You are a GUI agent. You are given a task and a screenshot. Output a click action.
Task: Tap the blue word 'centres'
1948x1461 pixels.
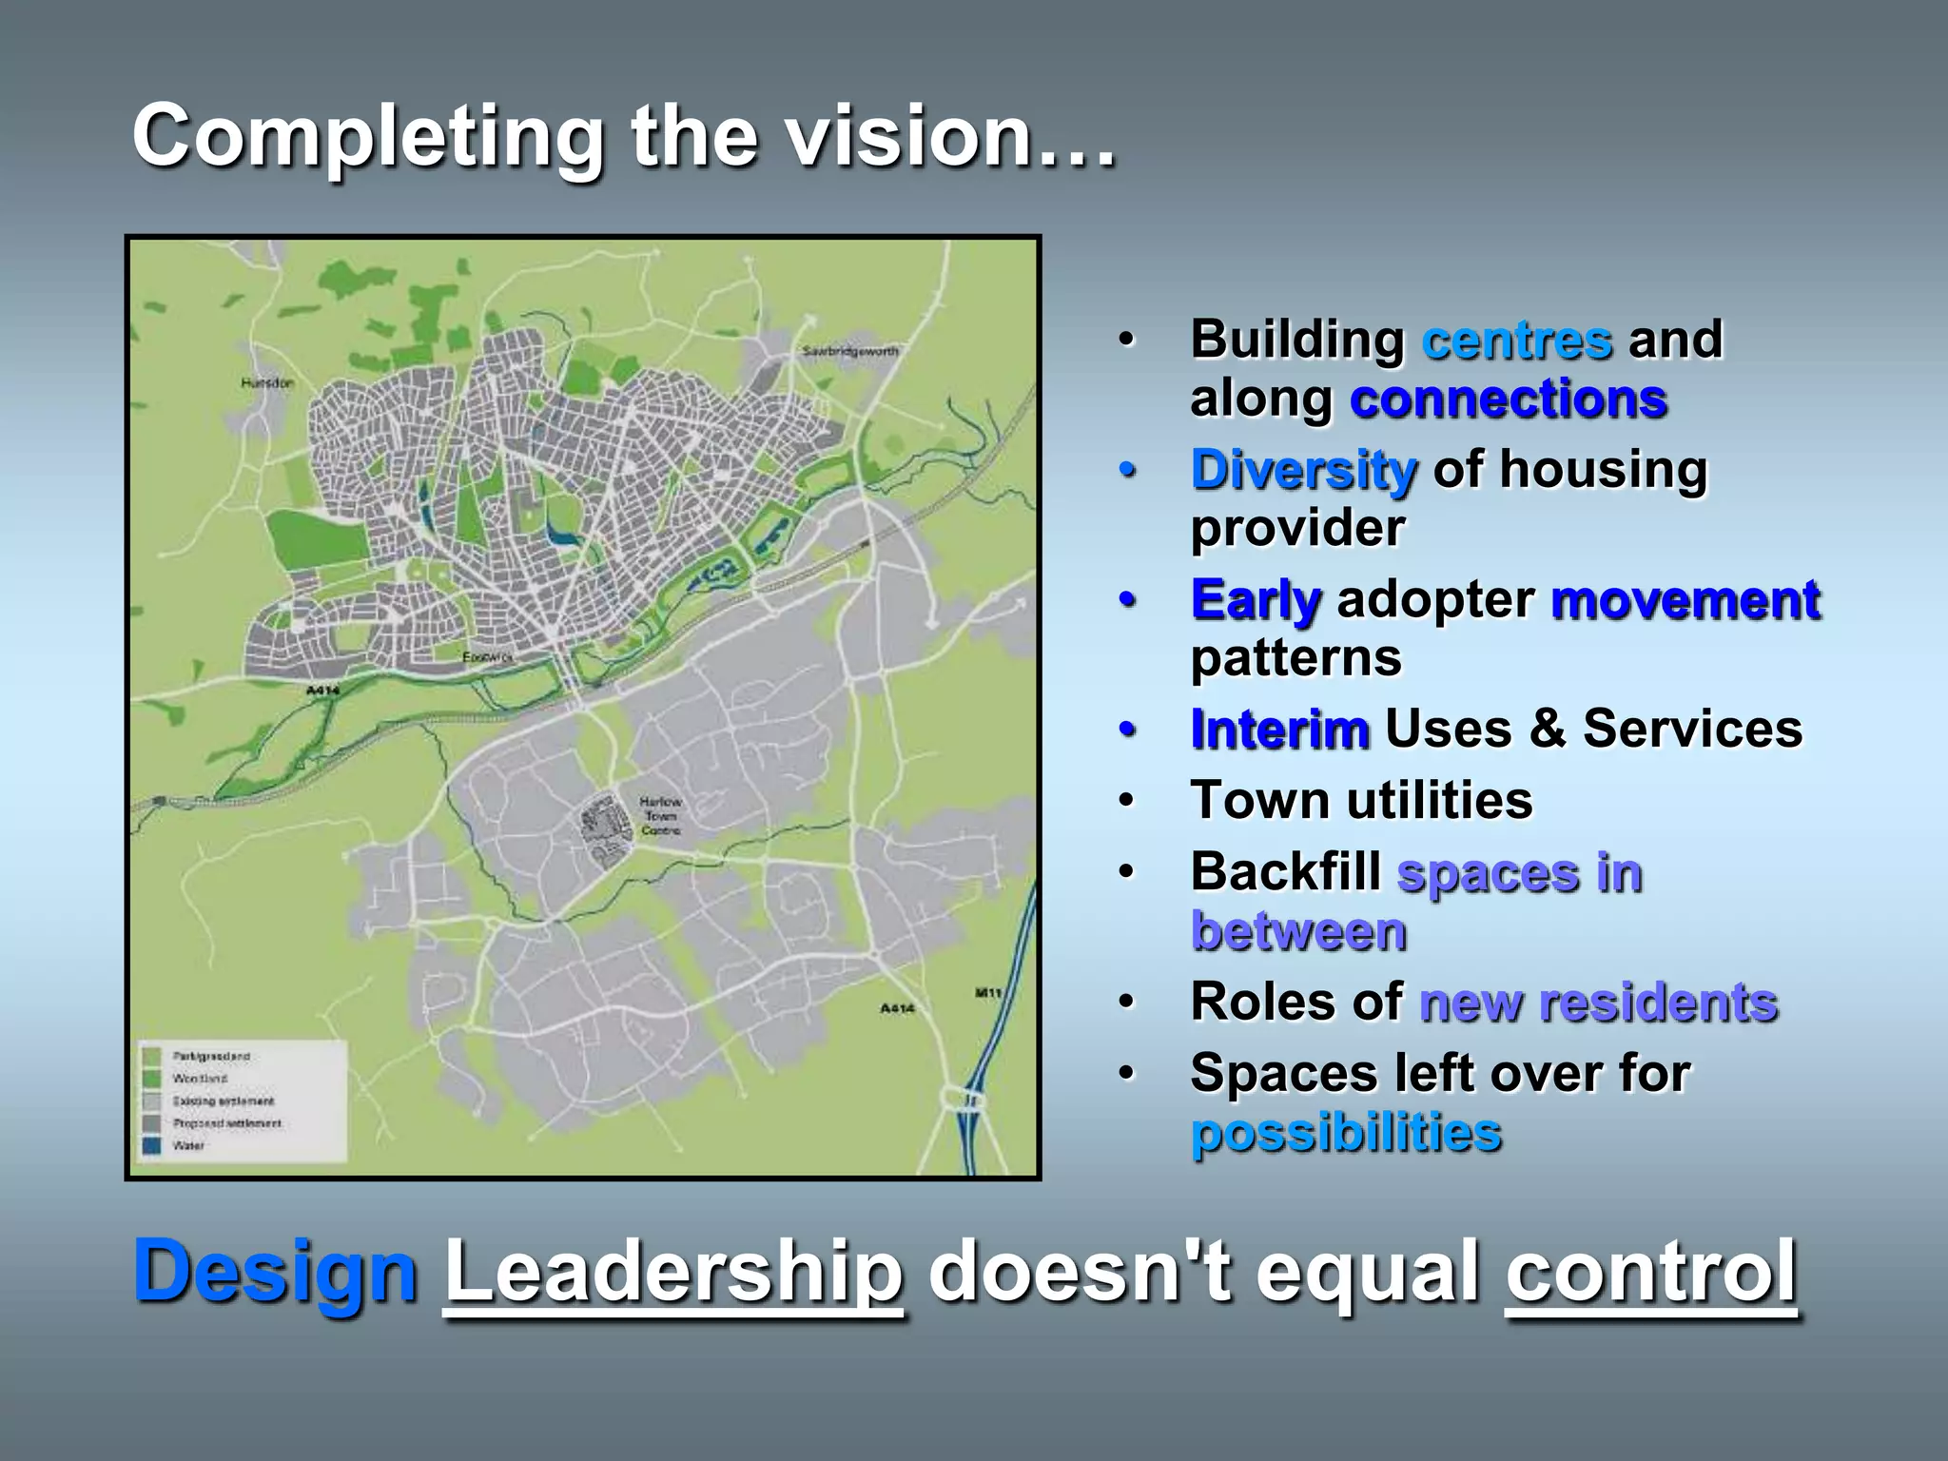pyautogui.click(x=1517, y=341)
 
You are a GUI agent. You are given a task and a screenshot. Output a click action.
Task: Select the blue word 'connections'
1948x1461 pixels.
pyautogui.click(x=1508, y=399)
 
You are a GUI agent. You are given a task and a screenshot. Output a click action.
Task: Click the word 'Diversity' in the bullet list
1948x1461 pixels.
pyautogui.click(x=1304, y=470)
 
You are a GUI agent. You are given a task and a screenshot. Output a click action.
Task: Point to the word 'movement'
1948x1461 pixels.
pyautogui.click(x=1685, y=600)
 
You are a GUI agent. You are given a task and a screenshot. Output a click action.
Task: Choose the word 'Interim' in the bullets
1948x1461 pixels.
pyautogui.click(x=1280, y=730)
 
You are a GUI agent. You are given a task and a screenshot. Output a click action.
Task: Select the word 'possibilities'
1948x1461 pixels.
pyautogui.click(x=1346, y=1133)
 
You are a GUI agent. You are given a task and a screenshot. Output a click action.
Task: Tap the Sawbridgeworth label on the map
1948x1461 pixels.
pyautogui.click(x=849, y=351)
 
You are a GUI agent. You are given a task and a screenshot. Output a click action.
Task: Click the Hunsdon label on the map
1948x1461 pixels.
pyautogui.click(x=267, y=382)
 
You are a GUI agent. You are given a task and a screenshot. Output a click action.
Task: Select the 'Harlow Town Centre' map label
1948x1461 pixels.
pyautogui.click(x=660, y=816)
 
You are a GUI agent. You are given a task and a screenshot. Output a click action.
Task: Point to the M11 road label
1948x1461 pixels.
pyautogui.click(x=988, y=993)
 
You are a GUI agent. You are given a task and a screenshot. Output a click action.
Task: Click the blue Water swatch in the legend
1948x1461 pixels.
pyautogui.click(x=151, y=1145)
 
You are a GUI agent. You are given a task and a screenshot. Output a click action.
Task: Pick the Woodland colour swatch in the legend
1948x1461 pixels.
pyautogui.click(x=151, y=1079)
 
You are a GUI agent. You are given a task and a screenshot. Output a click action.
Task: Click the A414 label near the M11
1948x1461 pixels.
pyautogui.click(x=896, y=1008)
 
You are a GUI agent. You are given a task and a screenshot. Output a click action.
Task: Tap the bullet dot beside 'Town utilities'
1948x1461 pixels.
pyautogui.click(x=1127, y=800)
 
